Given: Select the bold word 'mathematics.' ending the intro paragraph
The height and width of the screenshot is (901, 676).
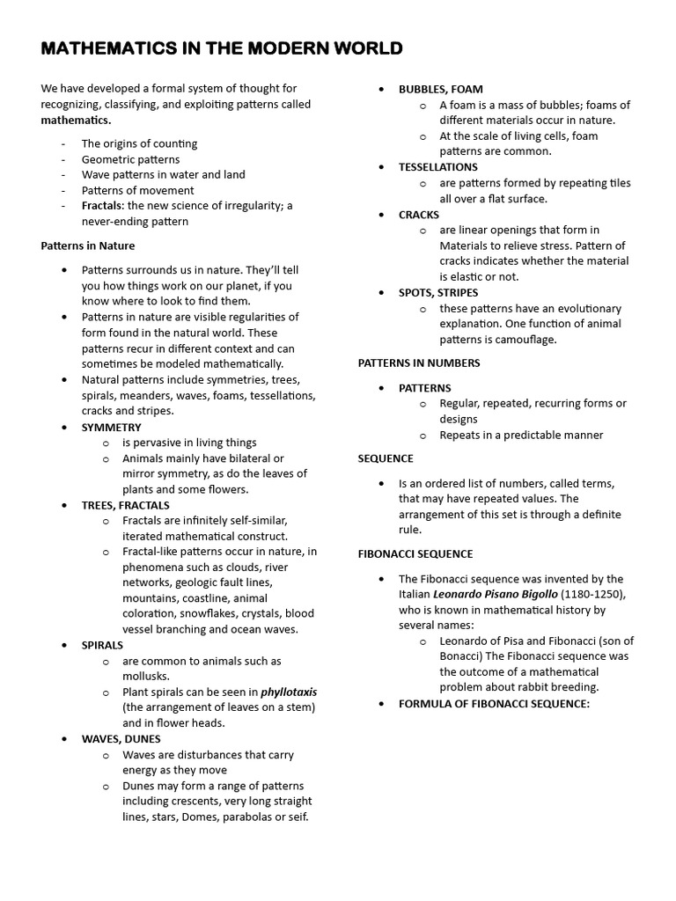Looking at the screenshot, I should pyautogui.click(x=76, y=121).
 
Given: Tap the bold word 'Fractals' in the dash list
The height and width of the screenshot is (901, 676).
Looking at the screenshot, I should pyautogui.click(x=101, y=206).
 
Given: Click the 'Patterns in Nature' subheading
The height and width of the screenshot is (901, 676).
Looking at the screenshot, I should pyautogui.click(x=88, y=245).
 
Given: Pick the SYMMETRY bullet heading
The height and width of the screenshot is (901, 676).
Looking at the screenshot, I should pyautogui.click(x=111, y=428).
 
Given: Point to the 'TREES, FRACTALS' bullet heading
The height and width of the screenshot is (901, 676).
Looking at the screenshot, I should pyautogui.click(x=126, y=505).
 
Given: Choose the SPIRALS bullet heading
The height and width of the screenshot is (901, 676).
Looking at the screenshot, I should pyautogui.click(x=102, y=645).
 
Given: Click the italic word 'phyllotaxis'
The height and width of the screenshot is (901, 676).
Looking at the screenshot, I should pyautogui.click(x=288, y=692).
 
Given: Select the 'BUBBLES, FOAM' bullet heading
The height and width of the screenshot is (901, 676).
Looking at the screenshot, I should pyautogui.click(x=440, y=89).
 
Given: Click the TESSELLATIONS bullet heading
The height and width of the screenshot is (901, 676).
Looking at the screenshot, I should pyautogui.click(x=437, y=167).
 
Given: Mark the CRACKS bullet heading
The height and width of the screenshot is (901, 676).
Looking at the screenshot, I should pyautogui.click(x=418, y=215).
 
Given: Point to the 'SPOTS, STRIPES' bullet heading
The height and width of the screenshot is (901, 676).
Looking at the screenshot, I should pyautogui.click(x=438, y=292).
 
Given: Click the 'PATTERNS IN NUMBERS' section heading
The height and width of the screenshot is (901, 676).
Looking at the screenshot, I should pyautogui.click(x=419, y=363).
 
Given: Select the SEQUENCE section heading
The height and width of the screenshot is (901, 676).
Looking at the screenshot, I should pyautogui.click(x=386, y=458).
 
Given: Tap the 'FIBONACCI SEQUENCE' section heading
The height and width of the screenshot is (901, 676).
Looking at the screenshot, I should pyautogui.click(x=415, y=554).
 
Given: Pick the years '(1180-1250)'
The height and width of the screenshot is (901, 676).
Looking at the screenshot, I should pyautogui.click(x=593, y=595).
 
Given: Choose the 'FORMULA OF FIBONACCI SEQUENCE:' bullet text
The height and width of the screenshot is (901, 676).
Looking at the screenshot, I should pyautogui.click(x=494, y=704).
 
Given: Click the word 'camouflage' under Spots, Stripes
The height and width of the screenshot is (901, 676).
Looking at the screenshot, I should pyautogui.click(x=526, y=340).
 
